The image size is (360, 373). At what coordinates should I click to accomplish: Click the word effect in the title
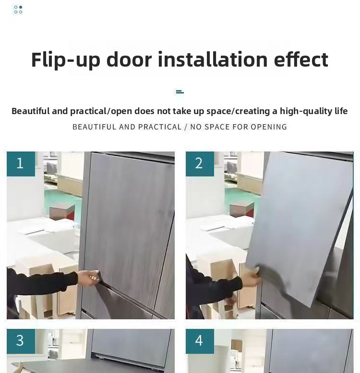click(x=301, y=59)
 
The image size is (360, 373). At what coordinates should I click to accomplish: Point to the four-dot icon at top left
click(x=18, y=10)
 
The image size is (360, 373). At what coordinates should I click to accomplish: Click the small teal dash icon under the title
click(x=180, y=92)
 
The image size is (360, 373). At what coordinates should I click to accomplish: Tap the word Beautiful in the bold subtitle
click(x=30, y=111)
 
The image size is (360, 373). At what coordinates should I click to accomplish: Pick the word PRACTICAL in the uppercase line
click(x=160, y=127)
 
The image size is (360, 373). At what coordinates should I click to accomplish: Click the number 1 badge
click(x=21, y=163)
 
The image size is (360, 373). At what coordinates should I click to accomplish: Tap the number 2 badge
click(x=200, y=163)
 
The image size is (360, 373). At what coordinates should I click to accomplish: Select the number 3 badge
click(x=21, y=341)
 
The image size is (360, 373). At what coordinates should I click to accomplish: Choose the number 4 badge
click(x=200, y=341)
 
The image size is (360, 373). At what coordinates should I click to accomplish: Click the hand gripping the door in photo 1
click(x=89, y=278)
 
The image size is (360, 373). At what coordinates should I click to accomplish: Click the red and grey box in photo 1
click(x=62, y=212)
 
